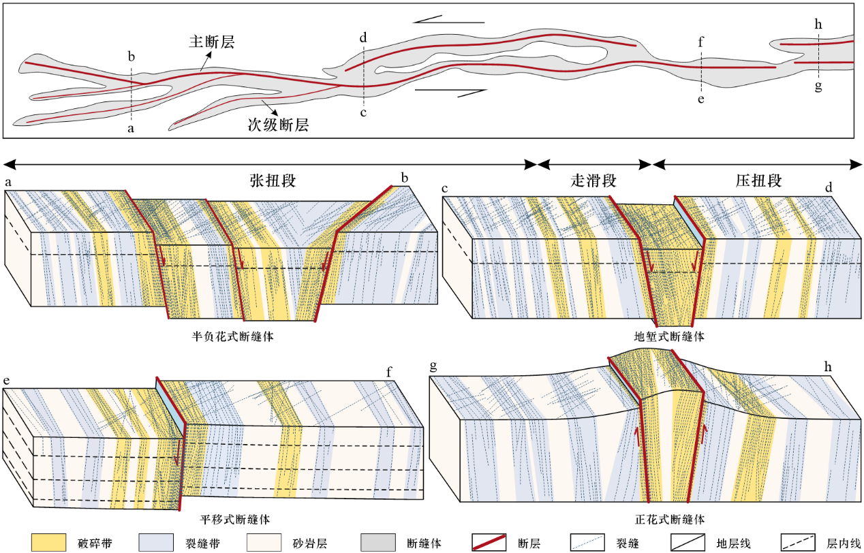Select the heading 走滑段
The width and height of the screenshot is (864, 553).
593,181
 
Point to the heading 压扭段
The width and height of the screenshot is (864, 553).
758,181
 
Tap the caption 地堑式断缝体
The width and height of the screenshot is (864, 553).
668,336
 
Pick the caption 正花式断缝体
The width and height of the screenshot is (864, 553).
668,519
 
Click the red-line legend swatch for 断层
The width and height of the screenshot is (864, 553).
489,542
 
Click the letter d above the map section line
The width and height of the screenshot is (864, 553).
364,37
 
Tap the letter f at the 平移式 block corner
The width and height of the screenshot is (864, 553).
389,372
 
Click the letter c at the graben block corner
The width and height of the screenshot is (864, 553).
445,189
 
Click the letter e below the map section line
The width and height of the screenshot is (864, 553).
701,99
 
